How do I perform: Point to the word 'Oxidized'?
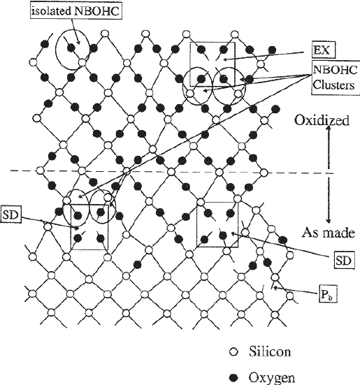tap(322, 120)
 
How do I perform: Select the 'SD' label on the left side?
tap(12, 212)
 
